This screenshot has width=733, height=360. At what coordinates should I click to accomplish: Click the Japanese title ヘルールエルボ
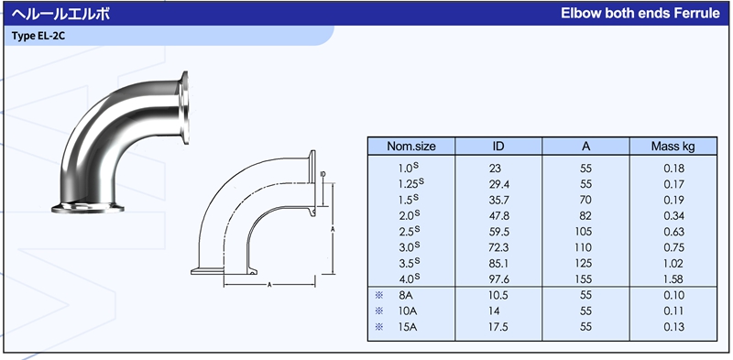click(x=60, y=14)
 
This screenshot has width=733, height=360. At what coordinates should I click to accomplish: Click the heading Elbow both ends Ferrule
click(x=640, y=13)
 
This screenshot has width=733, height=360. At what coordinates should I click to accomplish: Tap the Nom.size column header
click(x=411, y=147)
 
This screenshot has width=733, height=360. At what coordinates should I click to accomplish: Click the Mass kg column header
click(x=673, y=147)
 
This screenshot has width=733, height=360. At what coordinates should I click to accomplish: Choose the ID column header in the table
click(x=498, y=147)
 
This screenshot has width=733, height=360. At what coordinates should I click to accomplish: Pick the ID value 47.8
click(x=498, y=216)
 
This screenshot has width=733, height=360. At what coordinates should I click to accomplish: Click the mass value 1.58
click(x=673, y=279)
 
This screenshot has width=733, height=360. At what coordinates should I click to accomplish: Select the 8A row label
click(x=405, y=296)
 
